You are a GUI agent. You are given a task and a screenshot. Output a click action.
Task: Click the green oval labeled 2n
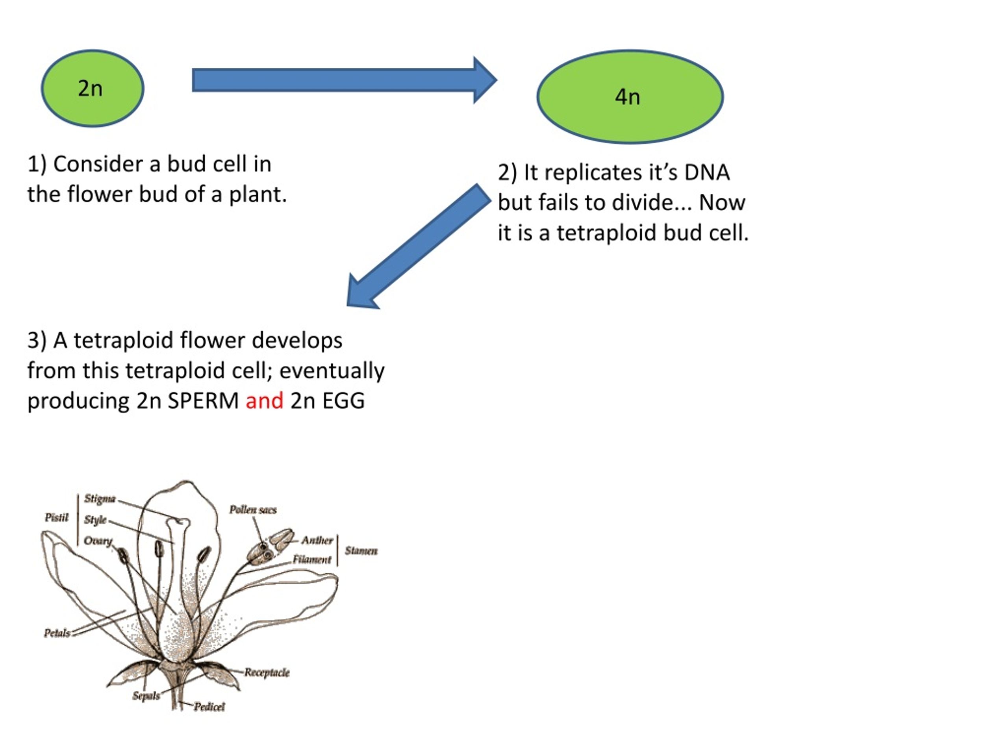tap(93, 89)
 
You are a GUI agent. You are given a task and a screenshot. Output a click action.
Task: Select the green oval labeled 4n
tap(630, 96)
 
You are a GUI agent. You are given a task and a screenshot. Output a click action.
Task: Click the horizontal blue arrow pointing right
tap(345, 80)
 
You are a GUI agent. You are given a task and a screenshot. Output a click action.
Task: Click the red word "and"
tap(264, 401)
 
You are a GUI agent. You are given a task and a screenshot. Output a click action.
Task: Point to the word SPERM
tap(203, 401)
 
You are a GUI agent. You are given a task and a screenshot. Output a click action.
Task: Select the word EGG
tap(343, 401)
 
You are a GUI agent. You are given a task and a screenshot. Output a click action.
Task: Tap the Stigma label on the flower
tap(100, 499)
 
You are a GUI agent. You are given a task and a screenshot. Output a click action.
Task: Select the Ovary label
tap(98, 541)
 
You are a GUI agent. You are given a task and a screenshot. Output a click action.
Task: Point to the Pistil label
tap(57, 518)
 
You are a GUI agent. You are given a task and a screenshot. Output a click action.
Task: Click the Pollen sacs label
tap(253, 510)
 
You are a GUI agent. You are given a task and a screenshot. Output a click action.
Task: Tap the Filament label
tap(312, 560)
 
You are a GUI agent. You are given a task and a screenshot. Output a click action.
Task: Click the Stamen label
tap(361, 551)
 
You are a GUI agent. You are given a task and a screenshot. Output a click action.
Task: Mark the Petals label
tap(57, 634)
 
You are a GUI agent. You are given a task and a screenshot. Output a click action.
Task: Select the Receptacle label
tap(267, 673)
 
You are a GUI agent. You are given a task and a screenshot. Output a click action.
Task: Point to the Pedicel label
tap(209, 707)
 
